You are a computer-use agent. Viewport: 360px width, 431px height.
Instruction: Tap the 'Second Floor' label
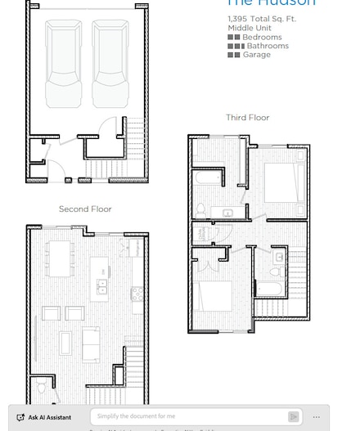(85, 209)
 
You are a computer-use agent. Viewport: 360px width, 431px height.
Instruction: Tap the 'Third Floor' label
(247, 118)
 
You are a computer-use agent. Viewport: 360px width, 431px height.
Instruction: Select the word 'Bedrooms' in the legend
(262, 38)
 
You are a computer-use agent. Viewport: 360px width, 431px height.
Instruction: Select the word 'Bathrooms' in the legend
(268, 47)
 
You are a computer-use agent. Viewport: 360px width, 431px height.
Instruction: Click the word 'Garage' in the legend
(256, 55)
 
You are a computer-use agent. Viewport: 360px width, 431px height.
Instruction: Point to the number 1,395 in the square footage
(237, 19)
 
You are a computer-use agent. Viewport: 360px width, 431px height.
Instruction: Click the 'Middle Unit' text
(249, 28)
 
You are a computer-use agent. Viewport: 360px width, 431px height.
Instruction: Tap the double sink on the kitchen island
(102, 285)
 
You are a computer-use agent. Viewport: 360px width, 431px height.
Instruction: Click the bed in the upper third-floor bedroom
(282, 183)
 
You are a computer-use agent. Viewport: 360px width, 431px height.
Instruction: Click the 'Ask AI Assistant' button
(45, 417)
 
